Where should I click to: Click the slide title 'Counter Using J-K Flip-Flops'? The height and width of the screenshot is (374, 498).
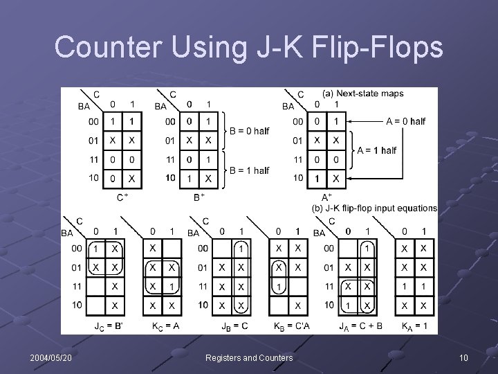248,47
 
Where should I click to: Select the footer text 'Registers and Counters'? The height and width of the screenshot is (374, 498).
249,357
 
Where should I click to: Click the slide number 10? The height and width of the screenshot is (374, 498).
463,357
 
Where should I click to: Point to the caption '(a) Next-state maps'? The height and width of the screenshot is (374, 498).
363,93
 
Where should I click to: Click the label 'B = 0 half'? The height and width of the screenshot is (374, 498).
249,131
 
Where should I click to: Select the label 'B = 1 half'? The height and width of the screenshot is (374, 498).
249,170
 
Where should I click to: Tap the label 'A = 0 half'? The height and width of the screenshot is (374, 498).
405,121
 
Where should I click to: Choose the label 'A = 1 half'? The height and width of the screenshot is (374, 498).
377,150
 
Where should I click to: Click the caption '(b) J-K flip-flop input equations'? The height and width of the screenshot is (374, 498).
375,208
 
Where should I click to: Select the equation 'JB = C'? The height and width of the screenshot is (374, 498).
234,326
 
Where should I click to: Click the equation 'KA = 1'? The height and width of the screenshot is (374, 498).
415,326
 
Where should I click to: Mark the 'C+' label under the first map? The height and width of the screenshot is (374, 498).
122,197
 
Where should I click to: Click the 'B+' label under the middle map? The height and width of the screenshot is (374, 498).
199,197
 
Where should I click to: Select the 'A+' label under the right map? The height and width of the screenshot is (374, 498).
326,197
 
